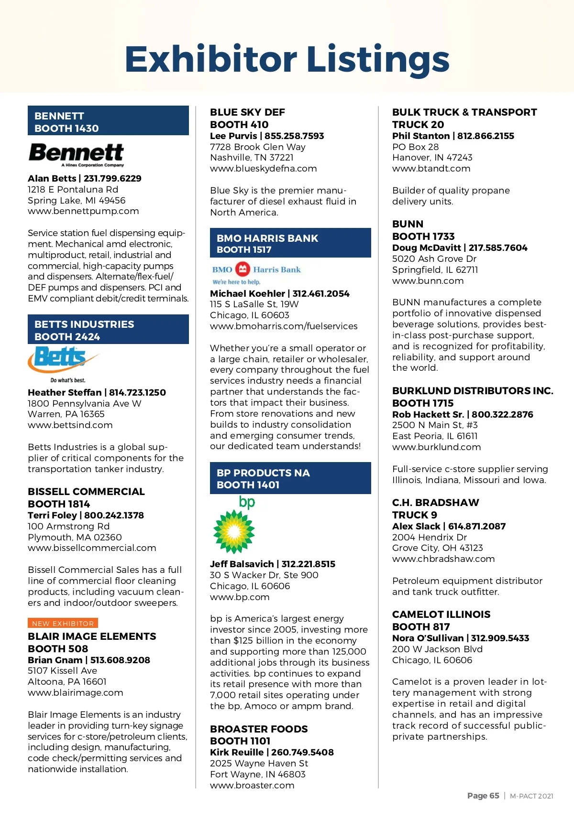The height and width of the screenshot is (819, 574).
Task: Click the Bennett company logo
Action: tap(77, 154)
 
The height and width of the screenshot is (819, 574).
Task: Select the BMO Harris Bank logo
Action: tap(256, 273)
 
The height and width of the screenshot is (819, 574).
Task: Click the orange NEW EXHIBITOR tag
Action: tap(63, 623)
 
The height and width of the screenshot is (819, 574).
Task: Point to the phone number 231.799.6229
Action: tap(112, 178)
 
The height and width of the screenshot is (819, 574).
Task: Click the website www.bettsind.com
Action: tap(70, 425)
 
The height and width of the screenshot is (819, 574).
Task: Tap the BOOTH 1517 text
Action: tap(244, 249)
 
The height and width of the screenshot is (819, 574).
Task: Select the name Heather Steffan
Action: tap(65, 392)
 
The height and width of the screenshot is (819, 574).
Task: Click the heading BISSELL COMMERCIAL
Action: tap(86, 491)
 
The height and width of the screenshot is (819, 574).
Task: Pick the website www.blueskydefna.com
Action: tap(263, 168)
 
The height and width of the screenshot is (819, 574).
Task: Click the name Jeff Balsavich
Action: tap(242, 564)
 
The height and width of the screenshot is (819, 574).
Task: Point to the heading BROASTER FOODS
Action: tap(259, 729)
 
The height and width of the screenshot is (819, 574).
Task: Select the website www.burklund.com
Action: tap(436, 447)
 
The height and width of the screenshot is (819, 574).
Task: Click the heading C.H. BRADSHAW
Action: tap(435, 502)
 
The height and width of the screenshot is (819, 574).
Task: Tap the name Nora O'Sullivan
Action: tap(428, 638)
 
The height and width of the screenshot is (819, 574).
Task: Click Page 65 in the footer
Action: tap(483, 796)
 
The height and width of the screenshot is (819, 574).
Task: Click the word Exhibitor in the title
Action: tap(211, 59)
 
